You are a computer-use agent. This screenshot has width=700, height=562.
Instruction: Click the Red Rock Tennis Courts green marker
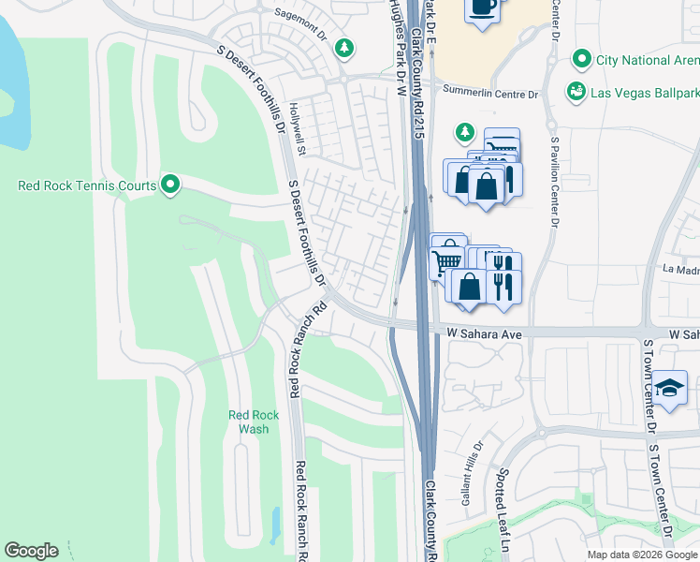[x=169, y=185]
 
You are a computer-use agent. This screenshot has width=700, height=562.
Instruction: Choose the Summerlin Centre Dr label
[x=491, y=95]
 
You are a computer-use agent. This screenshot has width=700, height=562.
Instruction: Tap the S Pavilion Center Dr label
[x=555, y=183]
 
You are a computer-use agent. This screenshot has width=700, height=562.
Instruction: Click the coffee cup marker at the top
[x=482, y=8]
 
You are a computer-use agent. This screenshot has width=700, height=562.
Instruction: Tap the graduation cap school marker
[x=670, y=389]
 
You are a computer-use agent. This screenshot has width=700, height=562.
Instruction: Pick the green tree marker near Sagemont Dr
[x=345, y=46]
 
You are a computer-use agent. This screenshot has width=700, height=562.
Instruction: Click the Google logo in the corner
[x=31, y=551]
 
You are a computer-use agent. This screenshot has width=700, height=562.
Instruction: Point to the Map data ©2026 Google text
[x=641, y=555]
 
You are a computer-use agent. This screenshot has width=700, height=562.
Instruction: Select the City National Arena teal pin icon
[x=581, y=60]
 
